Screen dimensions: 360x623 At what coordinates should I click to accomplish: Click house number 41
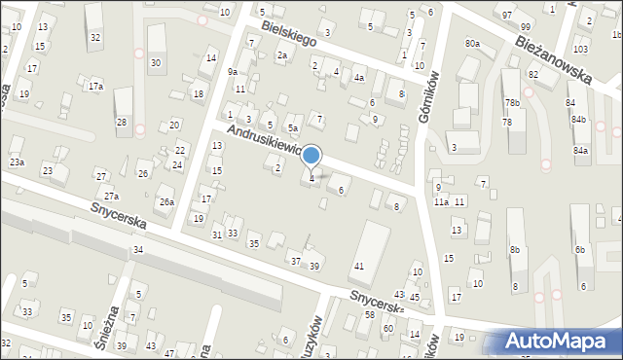359,266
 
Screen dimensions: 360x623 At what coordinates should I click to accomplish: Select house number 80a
472,44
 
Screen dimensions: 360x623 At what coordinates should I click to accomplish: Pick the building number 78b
512,103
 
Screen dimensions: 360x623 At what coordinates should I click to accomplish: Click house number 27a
112,196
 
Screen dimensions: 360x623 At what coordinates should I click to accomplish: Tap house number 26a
167,201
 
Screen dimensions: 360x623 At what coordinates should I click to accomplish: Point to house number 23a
17,162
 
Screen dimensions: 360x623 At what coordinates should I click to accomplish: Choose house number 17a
95,87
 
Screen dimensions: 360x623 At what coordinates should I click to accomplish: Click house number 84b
579,119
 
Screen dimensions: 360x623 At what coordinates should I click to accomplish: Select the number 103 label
580,49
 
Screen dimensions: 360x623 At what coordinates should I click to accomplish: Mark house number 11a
441,201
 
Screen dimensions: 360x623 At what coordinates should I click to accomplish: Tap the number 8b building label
515,250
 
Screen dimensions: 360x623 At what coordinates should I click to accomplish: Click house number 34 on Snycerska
138,250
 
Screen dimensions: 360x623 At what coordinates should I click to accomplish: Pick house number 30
155,62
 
